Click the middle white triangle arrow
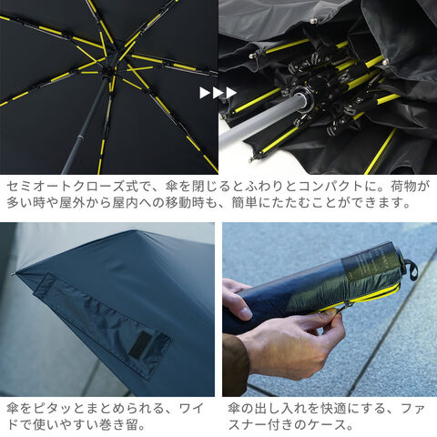pyautogui.click(x=218, y=93)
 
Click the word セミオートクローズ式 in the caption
pyautogui.click(x=72, y=187)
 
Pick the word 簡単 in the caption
pyautogui.click(x=244, y=203)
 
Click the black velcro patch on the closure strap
pyautogui.click(x=140, y=344)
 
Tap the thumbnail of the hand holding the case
pyautogui.click(x=244, y=312)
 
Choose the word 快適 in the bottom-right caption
pyautogui.click(x=333, y=409)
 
